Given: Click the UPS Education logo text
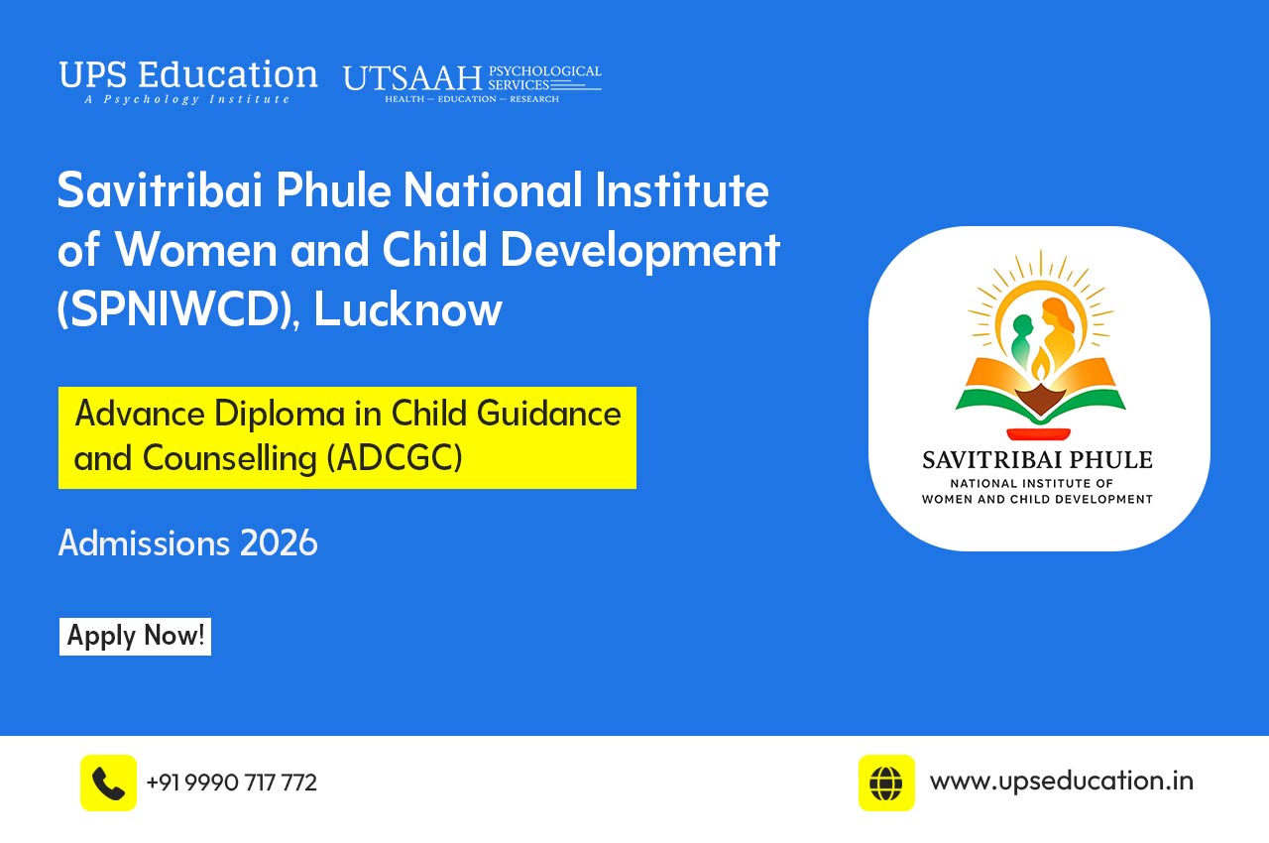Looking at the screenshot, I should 188,75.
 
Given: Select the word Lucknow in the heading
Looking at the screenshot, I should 408,309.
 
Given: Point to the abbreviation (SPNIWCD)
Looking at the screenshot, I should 178,310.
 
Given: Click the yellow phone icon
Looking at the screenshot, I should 108,783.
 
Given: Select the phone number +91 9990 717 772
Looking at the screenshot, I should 231,783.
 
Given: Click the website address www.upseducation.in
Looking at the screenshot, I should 1061,781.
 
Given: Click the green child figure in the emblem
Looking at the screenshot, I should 1020,341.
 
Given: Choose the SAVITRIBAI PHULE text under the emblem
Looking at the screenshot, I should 1037,460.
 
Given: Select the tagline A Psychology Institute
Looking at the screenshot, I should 187,100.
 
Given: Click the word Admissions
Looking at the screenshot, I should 144,543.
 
